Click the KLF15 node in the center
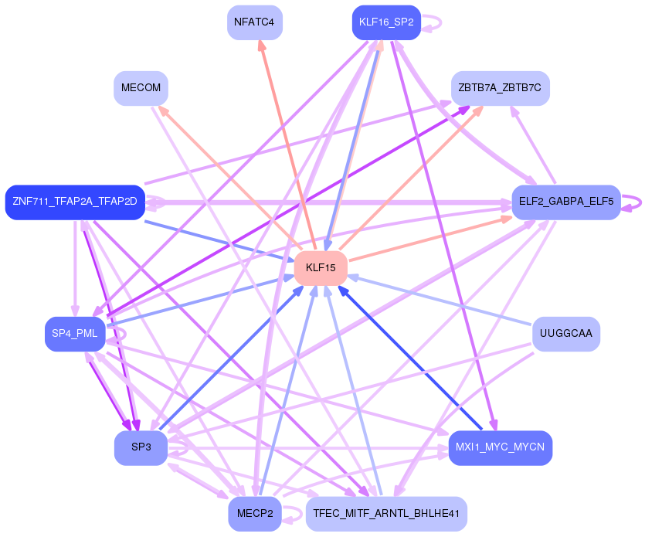pyautogui.click(x=321, y=268)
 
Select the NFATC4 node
pyautogui.click(x=255, y=22)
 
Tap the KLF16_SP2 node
pyautogui.click(x=386, y=22)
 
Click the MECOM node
pyautogui.click(x=141, y=88)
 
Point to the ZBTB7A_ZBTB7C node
pyautogui.click(x=501, y=88)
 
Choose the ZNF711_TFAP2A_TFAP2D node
pyautogui.click(x=75, y=202)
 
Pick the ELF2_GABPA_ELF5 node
pyautogui.click(x=566, y=202)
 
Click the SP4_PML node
pyautogui.click(x=75, y=334)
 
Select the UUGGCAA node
pyautogui.click(x=566, y=334)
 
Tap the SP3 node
pyautogui.click(x=141, y=447)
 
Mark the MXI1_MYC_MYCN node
pyautogui.click(x=501, y=447)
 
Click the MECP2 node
pyautogui.click(x=255, y=514)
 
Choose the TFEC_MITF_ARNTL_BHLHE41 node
pyautogui.click(x=386, y=514)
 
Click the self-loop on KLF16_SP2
pyautogui.click(x=433, y=22)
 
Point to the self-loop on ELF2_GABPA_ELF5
pyautogui.click(x=632, y=202)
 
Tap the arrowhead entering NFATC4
pyautogui.click(x=261, y=45)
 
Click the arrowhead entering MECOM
pyautogui.click(x=164, y=111)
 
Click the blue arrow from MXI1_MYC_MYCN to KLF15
pyautogui.click(x=409, y=358)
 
